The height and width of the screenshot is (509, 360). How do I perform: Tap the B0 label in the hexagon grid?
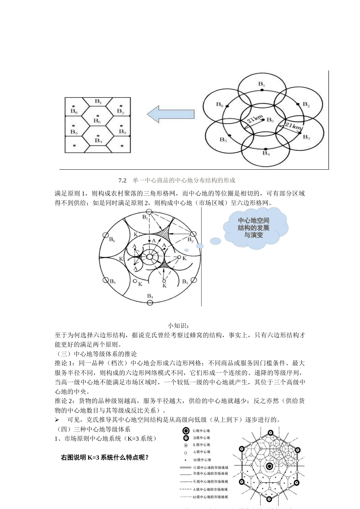tap(97, 121)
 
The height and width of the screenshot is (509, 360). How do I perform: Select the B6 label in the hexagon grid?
tap(74, 111)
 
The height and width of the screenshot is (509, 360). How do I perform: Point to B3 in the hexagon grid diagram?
tap(122, 131)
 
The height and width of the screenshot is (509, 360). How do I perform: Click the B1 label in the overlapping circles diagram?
tap(261, 84)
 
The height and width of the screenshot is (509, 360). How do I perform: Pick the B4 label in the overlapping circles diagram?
tap(266, 153)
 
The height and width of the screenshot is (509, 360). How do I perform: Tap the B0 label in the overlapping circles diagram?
tap(270, 120)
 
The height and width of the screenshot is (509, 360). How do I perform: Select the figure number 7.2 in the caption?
tap(122, 180)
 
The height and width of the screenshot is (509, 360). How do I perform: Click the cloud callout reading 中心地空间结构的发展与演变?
tap(254, 228)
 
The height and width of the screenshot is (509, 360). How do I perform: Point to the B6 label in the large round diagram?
tap(112, 239)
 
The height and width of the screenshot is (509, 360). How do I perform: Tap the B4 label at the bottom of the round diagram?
tap(150, 296)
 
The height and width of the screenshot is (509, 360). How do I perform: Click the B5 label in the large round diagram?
tap(112, 281)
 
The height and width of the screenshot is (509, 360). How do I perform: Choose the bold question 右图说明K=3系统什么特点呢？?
tap(105, 457)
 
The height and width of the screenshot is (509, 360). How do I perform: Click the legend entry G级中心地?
tap(201, 431)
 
